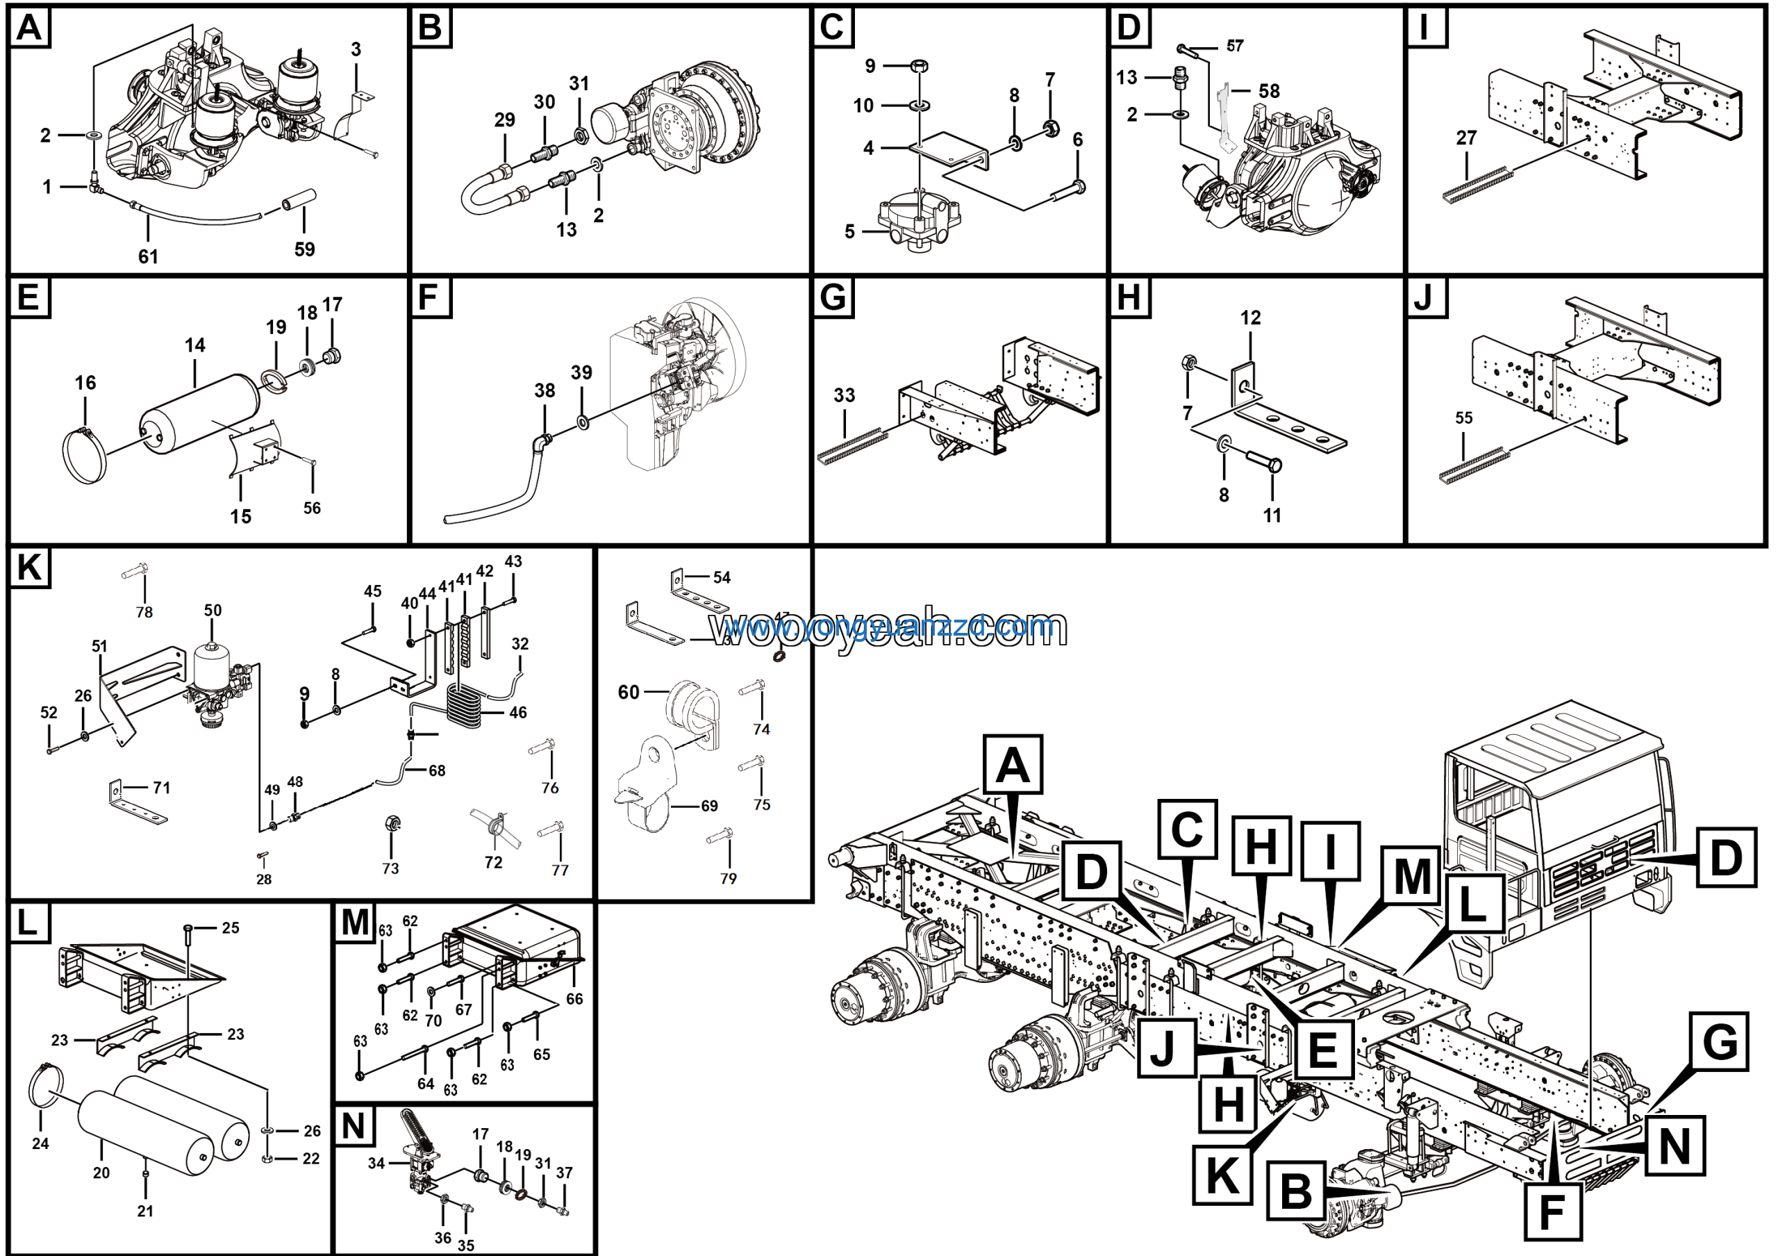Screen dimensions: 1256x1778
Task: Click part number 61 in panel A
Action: click(x=148, y=257)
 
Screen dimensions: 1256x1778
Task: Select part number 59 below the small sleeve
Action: click(x=304, y=249)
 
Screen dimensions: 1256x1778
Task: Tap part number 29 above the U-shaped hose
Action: click(x=504, y=120)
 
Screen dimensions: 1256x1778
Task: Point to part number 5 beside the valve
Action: click(x=849, y=231)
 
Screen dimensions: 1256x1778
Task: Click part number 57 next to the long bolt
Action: click(x=1234, y=47)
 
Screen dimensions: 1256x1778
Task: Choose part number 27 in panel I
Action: click(x=1466, y=138)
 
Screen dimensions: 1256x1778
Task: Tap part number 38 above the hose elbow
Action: click(x=545, y=390)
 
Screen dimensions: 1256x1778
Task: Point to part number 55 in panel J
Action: click(x=1463, y=418)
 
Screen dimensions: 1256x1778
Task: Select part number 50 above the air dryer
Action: click(x=213, y=610)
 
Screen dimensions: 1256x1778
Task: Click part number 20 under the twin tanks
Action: click(x=101, y=1173)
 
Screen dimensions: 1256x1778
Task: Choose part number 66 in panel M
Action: click(x=574, y=999)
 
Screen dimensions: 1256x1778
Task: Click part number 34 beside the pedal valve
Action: click(x=376, y=1163)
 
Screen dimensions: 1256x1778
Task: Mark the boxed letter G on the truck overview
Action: click(x=1720, y=1041)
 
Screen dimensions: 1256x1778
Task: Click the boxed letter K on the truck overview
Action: click(x=1222, y=1175)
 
